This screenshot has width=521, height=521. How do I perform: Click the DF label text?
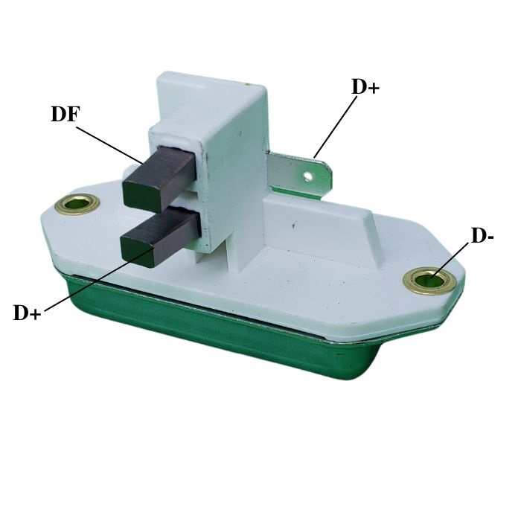(x=65, y=114)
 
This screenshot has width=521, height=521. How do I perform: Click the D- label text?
(x=482, y=236)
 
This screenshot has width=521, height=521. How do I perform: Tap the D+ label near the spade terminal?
(x=365, y=87)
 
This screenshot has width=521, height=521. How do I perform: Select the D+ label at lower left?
(x=28, y=313)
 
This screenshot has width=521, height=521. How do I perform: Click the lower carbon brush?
(x=159, y=234)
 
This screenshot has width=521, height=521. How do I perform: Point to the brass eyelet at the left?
(x=77, y=204)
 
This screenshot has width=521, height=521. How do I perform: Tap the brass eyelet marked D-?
(x=429, y=281)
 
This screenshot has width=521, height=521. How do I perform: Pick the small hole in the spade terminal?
(x=308, y=176)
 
